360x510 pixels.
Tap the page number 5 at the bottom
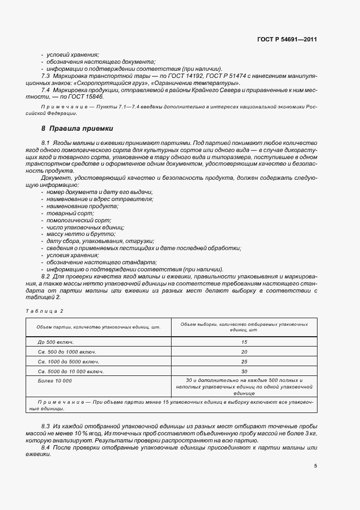coord(315,466)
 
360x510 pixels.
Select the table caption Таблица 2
coord(45,311)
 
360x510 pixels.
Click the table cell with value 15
coord(243,342)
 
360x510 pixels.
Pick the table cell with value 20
coord(243,351)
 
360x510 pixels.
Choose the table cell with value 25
coord(243,361)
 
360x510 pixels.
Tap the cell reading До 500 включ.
coord(56,342)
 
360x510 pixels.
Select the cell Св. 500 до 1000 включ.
coord(67,351)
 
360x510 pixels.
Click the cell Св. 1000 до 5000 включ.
coord(69,361)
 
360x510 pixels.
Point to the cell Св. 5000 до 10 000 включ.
coord(71,371)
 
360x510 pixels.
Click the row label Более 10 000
coord(55,380)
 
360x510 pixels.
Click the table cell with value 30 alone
coord(243,371)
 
